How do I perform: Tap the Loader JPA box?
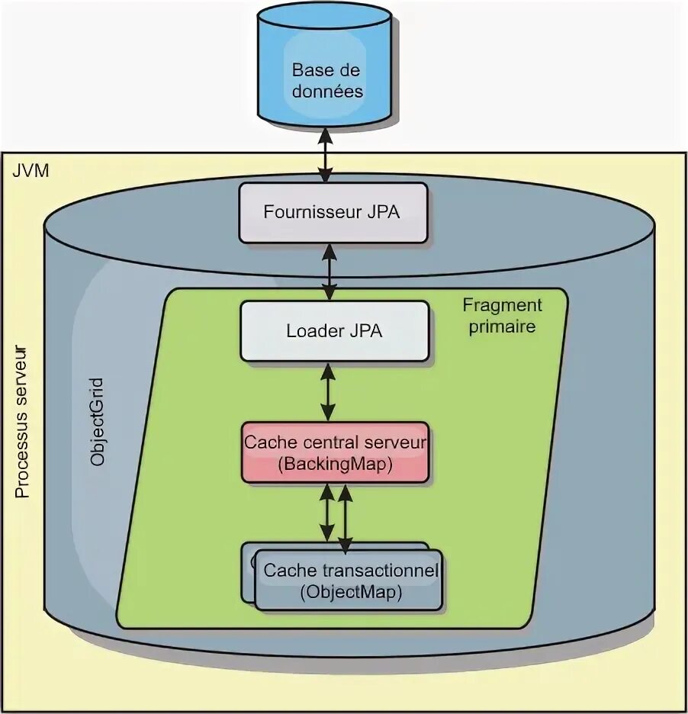334,331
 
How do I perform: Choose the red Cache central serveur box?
334,452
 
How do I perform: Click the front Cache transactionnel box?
350,581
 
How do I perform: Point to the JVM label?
31,170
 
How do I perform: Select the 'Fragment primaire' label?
501,316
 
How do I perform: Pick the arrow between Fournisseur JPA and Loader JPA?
330,272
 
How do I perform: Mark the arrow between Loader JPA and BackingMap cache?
329,391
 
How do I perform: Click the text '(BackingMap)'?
335,463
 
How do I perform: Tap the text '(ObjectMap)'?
351,591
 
